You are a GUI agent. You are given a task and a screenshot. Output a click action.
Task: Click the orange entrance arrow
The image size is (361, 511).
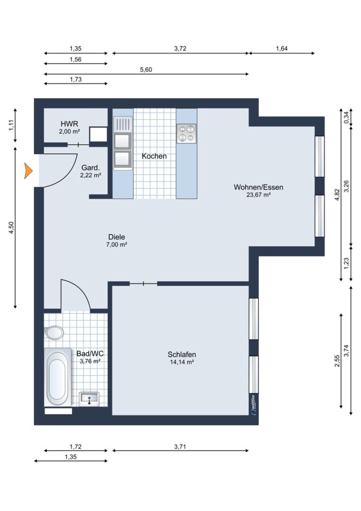[x=28, y=171]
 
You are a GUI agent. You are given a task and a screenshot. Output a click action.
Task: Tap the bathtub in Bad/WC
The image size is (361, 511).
[x=58, y=377]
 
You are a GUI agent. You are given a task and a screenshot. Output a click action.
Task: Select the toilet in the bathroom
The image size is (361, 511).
[x=54, y=333]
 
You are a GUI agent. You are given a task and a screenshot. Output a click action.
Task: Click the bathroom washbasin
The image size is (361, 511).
[x=89, y=398]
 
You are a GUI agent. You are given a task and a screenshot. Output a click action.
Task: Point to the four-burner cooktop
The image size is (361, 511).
[x=186, y=133]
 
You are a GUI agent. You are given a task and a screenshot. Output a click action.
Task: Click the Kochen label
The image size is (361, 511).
[x=154, y=156]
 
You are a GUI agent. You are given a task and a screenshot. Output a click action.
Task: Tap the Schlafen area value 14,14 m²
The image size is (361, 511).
[x=182, y=362]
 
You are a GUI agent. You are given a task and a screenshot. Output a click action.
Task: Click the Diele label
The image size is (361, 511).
[x=117, y=237]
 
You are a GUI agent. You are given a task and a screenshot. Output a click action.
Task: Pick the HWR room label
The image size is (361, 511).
[x=70, y=124]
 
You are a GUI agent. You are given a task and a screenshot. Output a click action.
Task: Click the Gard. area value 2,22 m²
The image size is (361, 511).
[x=90, y=175]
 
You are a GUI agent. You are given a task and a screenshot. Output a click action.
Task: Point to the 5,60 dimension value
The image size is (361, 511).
[x=146, y=70]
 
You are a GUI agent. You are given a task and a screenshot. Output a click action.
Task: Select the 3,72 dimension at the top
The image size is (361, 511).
[x=180, y=49]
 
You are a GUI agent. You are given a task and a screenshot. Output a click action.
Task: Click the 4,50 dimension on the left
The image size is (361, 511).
[x=11, y=227]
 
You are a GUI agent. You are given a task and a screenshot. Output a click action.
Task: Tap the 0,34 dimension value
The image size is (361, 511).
[x=346, y=117]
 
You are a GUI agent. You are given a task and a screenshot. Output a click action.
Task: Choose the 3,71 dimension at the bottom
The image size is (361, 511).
[x=180, y=447]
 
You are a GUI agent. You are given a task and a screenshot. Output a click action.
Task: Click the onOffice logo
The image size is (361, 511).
[x=254, y=404]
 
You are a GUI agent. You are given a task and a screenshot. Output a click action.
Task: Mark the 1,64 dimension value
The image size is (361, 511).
[x=282, y=49]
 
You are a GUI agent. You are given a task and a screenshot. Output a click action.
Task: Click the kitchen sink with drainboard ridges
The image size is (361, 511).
[x=123, y=124]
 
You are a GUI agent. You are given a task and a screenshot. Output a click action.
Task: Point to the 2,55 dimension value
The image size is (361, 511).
[x=337, y=361]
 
